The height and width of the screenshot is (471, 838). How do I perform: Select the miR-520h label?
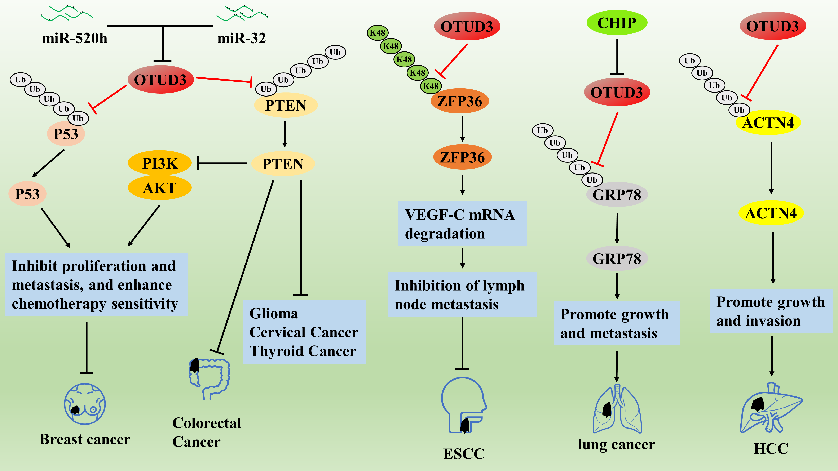pyautogui.click(x=75, y=38)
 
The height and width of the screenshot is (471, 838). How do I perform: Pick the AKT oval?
pyautogui.click(x=160, y=188)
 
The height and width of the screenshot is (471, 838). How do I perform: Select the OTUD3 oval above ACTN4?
pyautogui.click(x=773, y=26)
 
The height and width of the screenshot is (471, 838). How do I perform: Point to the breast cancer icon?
pyautogui.click(x=85, y=404)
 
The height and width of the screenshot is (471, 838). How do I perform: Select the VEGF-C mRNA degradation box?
pyautogui.click(x=462, y=224)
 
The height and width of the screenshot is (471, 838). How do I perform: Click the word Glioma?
pyautogui.click(x=274, y=313)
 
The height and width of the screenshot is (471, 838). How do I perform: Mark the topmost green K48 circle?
pyautogui.click(x=377, y=33)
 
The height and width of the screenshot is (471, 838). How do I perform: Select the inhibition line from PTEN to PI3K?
pyautogui.click(x=222, y=163)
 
